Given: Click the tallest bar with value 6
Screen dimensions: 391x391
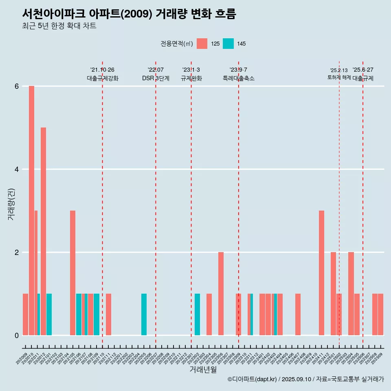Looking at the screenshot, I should tap(31, 210).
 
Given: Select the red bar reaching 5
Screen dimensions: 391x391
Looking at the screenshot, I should tap(43, 231).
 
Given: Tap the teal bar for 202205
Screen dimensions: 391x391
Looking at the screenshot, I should tap(144, 314).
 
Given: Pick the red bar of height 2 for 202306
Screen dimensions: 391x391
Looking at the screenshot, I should tap(221, 293).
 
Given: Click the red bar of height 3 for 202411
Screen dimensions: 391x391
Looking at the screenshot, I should tap(321, 272).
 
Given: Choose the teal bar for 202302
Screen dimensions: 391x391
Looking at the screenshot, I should tap(197, 314).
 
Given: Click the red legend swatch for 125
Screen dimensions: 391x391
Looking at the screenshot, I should tap(202, 44).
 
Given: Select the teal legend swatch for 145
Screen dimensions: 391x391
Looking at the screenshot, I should tap(228, 44).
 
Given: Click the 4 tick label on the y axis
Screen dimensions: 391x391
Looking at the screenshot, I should tap(17, 169).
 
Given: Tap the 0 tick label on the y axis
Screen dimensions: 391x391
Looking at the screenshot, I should tap(17, 335).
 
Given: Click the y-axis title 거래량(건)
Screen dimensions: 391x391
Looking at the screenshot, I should tap(11, 204).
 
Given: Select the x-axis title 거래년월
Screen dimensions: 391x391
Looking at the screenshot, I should tap(203, 369).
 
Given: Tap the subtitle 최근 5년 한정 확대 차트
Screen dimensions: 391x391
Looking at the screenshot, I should tap(59, 26).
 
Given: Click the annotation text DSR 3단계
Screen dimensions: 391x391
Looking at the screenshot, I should tap(156, 78).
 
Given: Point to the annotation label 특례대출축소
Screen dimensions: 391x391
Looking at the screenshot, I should tap(238, 78).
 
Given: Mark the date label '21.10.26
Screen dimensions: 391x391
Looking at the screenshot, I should tap(102, 70).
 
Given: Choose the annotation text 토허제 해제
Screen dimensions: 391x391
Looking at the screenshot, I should tap(339, 77).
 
